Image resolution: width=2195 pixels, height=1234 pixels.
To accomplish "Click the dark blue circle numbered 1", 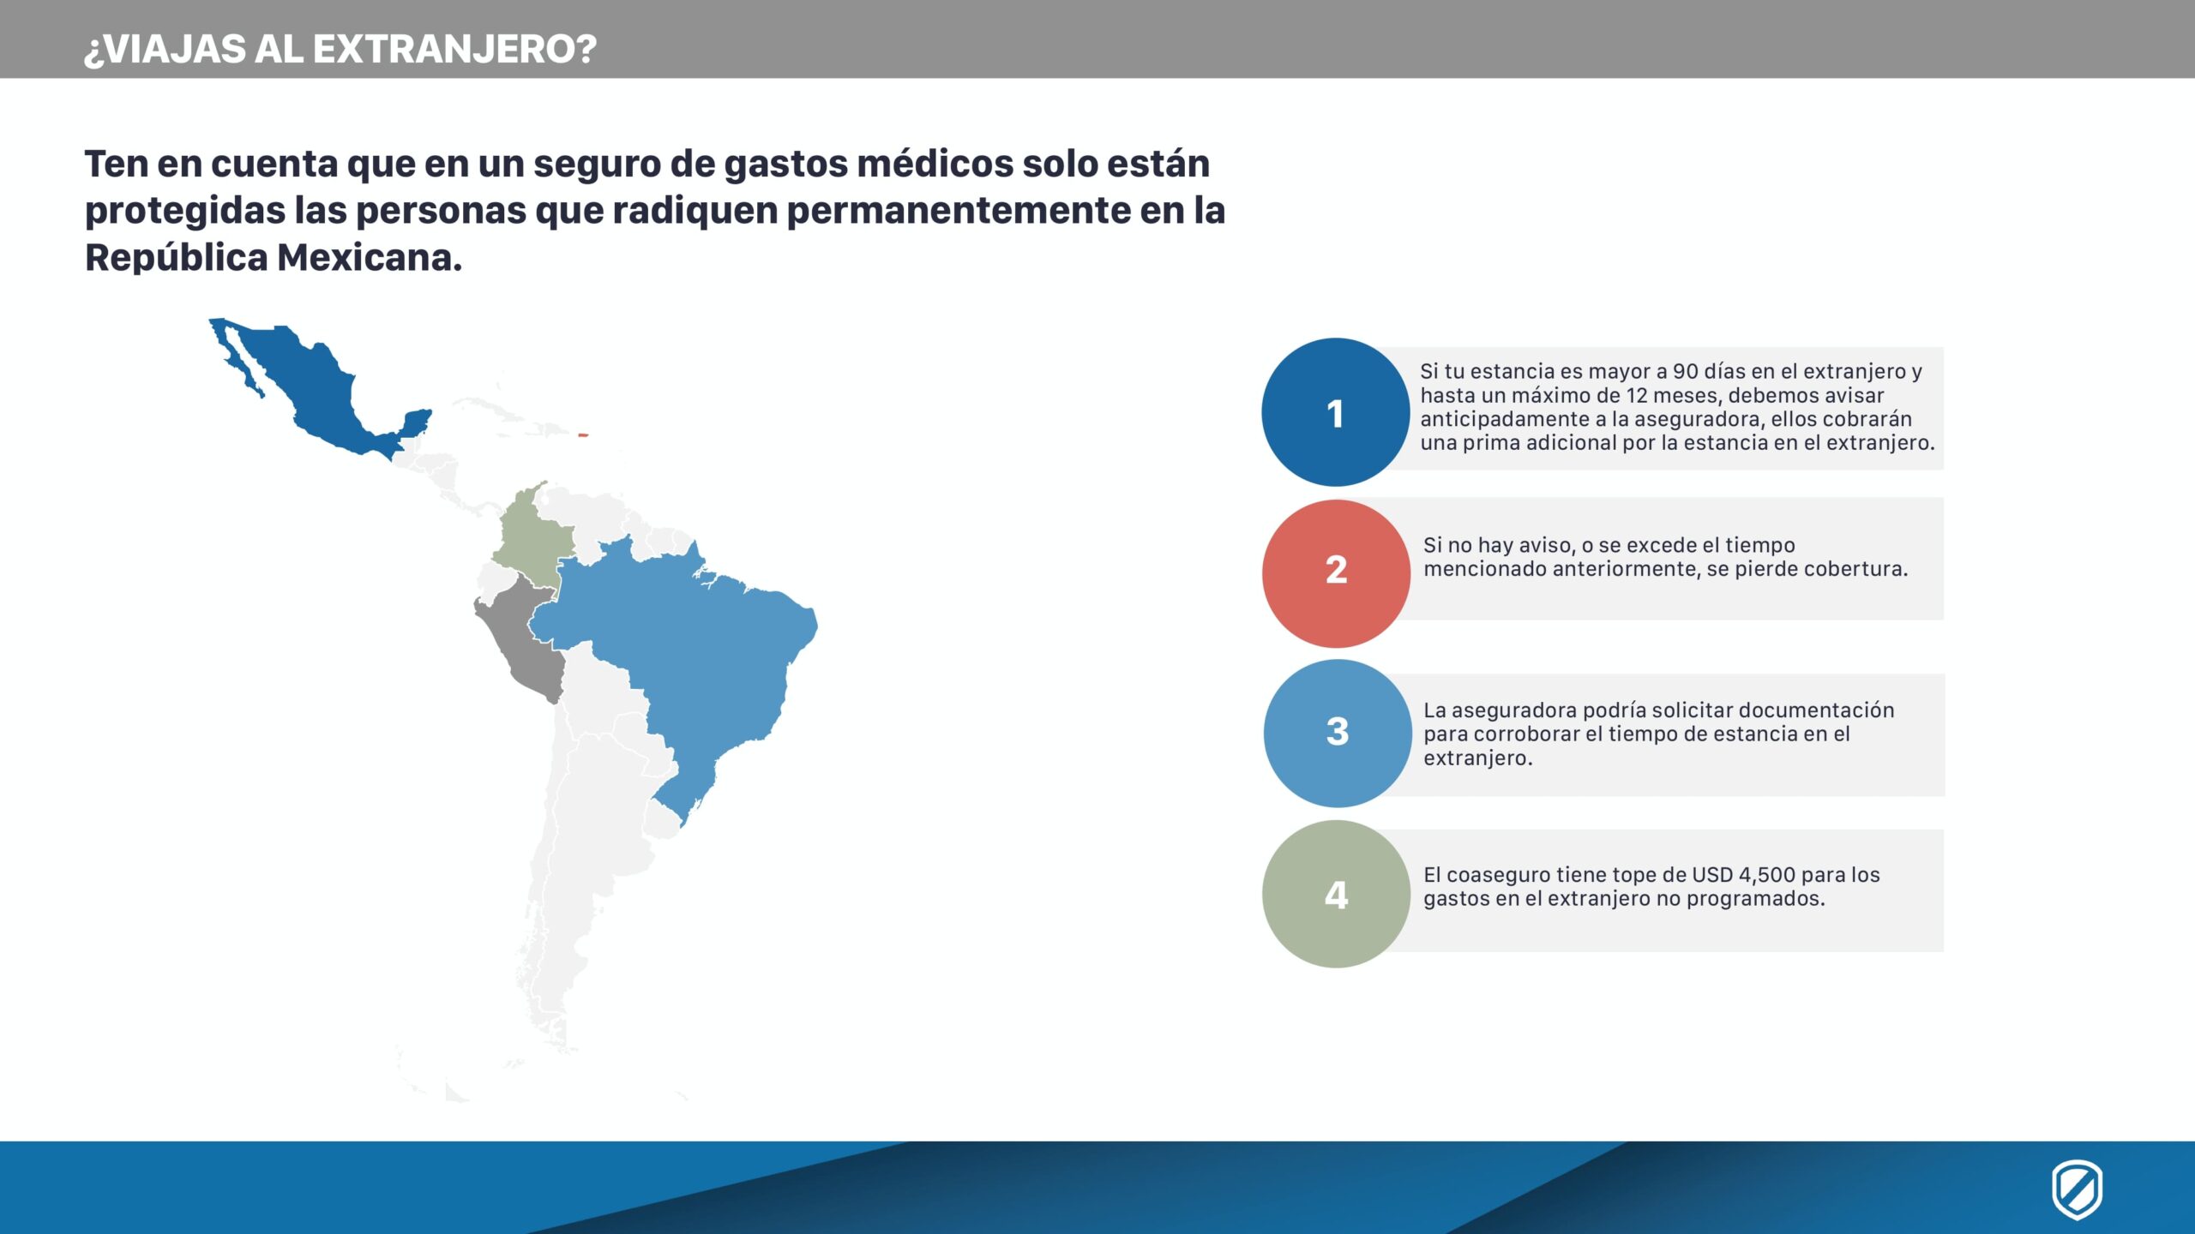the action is [x=1335, y=412].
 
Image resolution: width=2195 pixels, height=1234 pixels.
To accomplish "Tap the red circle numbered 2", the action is [x=1336, y=573].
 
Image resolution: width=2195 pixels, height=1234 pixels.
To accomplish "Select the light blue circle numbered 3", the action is [x=1338, y=734].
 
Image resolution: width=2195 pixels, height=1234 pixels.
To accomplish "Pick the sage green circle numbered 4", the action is [x=1336, y=894].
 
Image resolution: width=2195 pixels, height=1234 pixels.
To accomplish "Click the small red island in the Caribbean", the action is [x=583, y=435].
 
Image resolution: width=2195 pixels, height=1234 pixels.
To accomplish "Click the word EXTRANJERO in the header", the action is [x=454, y=49].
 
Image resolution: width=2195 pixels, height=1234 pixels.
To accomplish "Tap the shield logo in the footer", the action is [x=2077, y=1189].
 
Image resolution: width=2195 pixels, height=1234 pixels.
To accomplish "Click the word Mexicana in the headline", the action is [x=370, y=257].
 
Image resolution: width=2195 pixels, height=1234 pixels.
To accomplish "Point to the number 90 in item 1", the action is [x=1685, y=371].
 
